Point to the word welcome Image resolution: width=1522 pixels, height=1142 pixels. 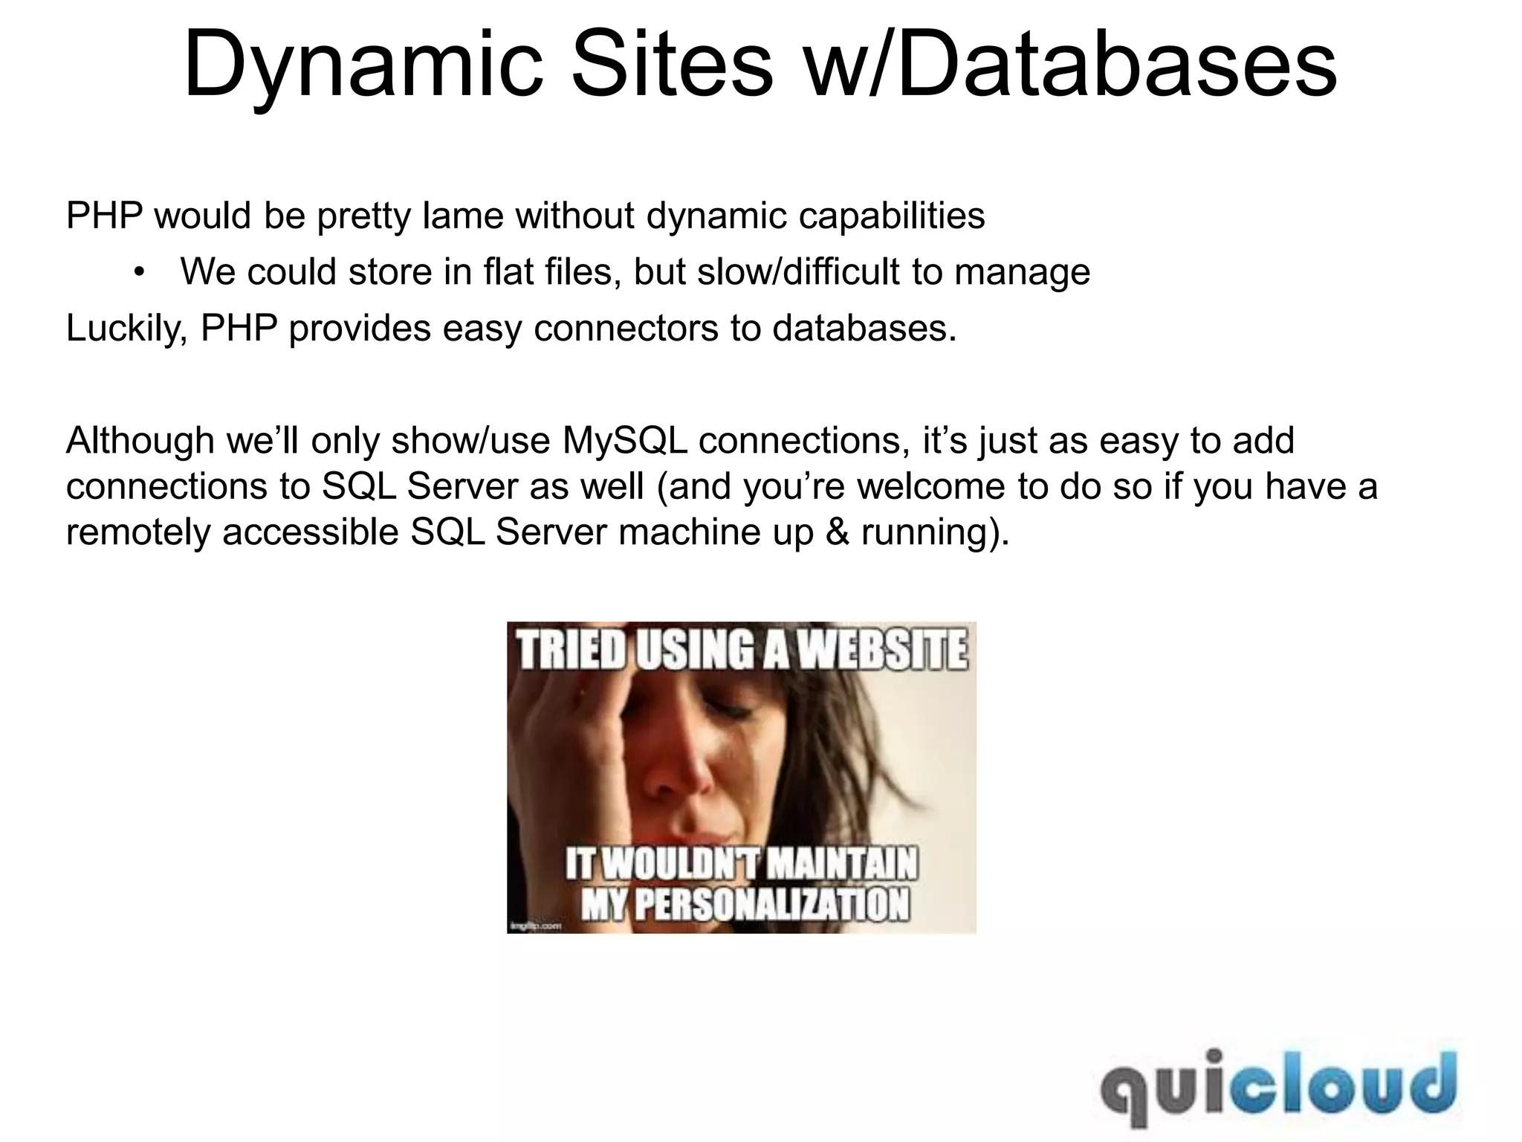(x=933, y=487)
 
